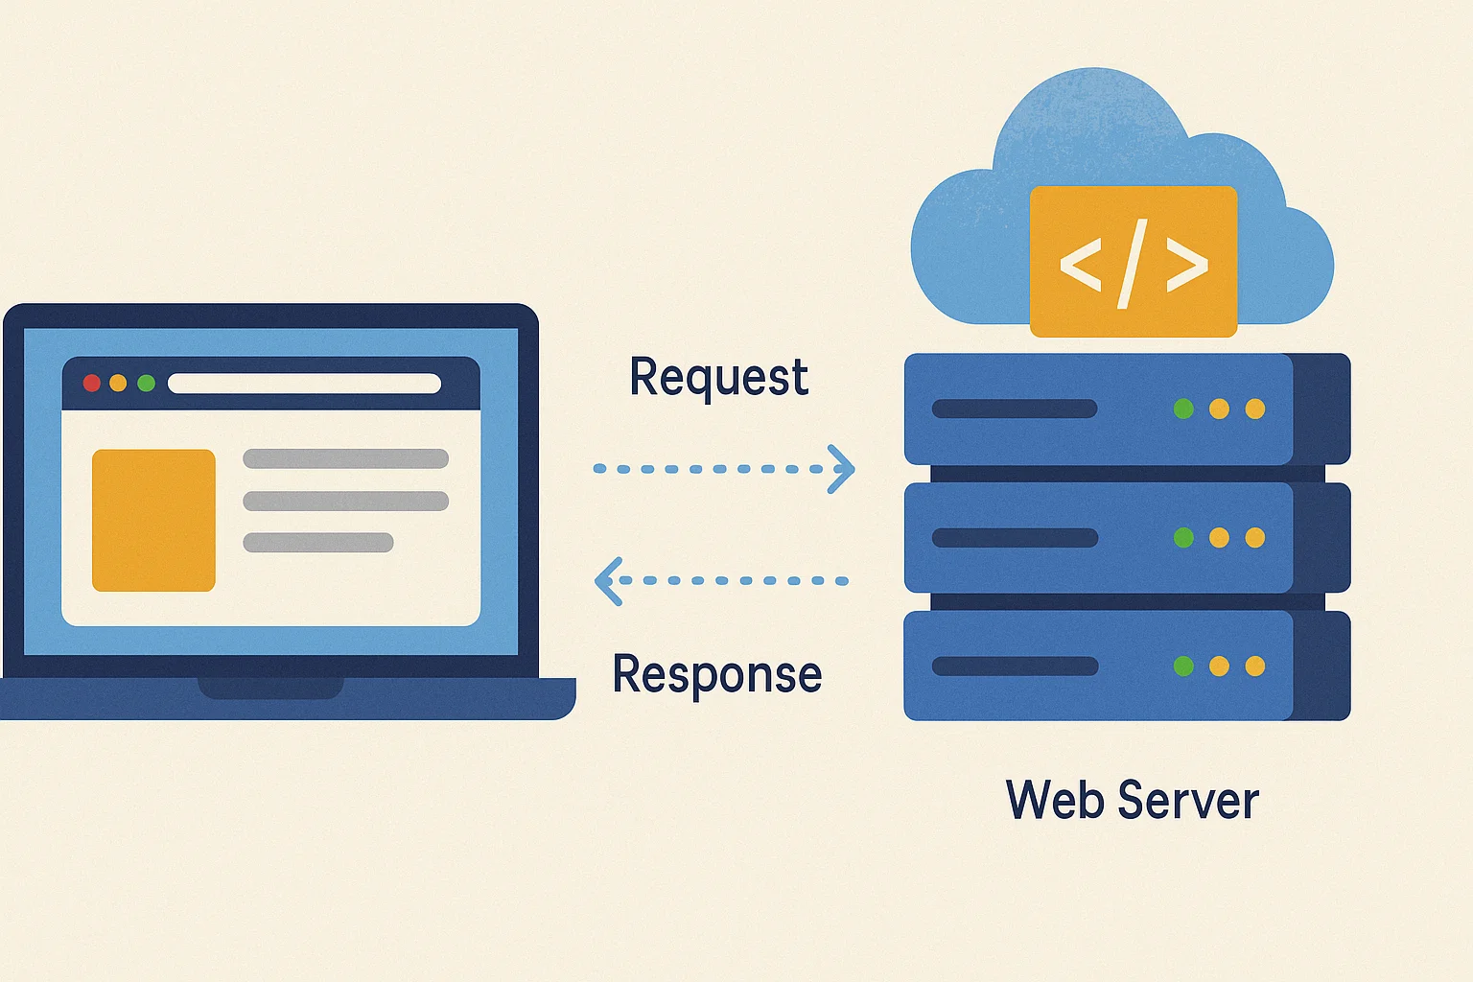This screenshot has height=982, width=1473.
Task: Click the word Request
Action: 718,377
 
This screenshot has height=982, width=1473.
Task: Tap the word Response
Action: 716,674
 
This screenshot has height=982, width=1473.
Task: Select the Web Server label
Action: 1132,800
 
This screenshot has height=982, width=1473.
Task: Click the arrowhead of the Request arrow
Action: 843,469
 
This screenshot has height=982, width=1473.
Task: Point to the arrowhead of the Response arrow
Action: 606,581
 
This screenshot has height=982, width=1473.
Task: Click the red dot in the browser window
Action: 92,384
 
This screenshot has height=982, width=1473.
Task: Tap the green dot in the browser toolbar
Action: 146,384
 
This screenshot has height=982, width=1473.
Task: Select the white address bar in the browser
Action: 304,384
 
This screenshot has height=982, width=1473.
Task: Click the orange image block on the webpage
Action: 153,520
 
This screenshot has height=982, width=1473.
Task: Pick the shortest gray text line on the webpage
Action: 318,543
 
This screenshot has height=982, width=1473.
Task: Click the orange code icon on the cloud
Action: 1133,262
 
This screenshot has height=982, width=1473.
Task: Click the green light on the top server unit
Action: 1183,409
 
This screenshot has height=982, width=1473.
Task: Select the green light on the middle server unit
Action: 1183,538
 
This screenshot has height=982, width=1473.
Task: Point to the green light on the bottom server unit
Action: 1183,666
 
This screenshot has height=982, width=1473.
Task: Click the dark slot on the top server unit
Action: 1015,409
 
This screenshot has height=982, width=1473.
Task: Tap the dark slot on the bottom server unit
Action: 1015,666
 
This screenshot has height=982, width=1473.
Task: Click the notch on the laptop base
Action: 270,688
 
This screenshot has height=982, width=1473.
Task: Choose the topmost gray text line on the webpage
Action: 345,458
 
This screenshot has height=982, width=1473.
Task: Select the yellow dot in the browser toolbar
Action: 118,384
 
